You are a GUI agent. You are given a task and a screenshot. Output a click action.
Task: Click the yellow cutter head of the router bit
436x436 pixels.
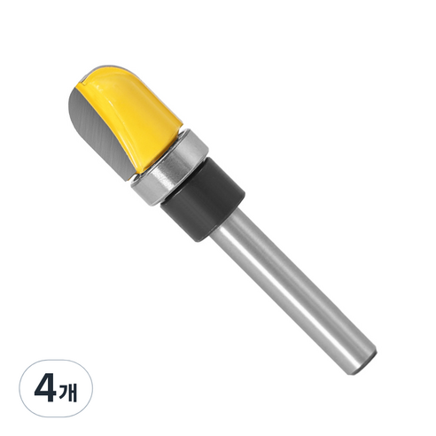coord(133,111)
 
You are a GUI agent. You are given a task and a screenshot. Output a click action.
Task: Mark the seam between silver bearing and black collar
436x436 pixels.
coord(187,173)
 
